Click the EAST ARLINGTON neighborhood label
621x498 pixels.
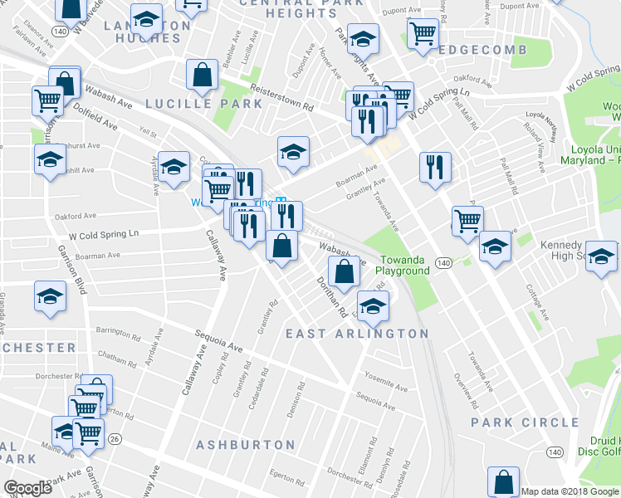click(x=357, y=334)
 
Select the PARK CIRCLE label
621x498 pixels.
click(x=525, y=422)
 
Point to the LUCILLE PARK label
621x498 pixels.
click(x=203, y=104)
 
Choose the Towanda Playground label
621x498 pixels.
click(x=403, y=266)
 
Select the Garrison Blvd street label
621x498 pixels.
click(x=71, y=272)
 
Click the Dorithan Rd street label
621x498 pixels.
click(x=331, y=296)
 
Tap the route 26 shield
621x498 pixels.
click(x=115, y=439)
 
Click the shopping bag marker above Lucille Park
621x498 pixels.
click(x=203, y=76)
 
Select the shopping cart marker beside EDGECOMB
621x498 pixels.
click(x=423, y=35)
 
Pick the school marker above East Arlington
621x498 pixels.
click(x=373, y=305)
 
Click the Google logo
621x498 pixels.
click(x=27, y=488)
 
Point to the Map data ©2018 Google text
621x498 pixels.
click(x=570, y=491)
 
